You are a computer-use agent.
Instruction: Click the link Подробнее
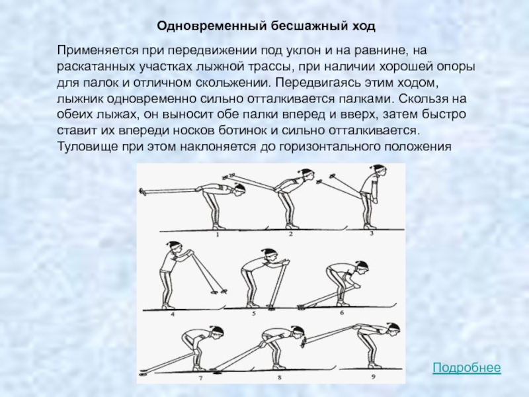pos(467,367)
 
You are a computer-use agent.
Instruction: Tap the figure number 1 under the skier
pos(218,234)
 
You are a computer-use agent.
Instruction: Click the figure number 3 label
pos(372,233)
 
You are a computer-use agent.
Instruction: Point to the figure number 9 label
pos(374,376)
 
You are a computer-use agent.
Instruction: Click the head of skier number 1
pos(239,189)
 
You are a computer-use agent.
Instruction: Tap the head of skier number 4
pos(175,248)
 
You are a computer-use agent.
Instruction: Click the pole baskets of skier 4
pos(219,291)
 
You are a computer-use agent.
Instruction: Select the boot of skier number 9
pos(373,365)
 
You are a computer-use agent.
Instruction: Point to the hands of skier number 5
pos(284,262)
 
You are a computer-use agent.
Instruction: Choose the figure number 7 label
pos(201,378)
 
